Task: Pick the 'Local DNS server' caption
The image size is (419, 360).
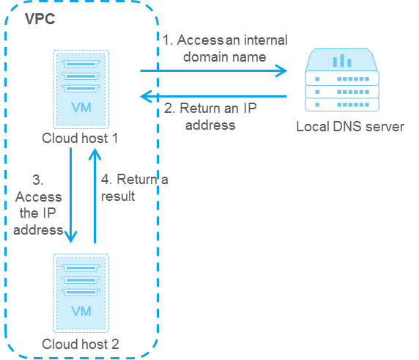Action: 349,127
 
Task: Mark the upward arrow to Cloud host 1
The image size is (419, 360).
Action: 94,194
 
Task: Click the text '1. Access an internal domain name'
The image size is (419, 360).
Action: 226,48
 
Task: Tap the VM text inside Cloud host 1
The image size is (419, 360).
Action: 81,108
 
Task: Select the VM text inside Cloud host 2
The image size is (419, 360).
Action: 81,311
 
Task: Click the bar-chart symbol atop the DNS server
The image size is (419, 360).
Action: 342,60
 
